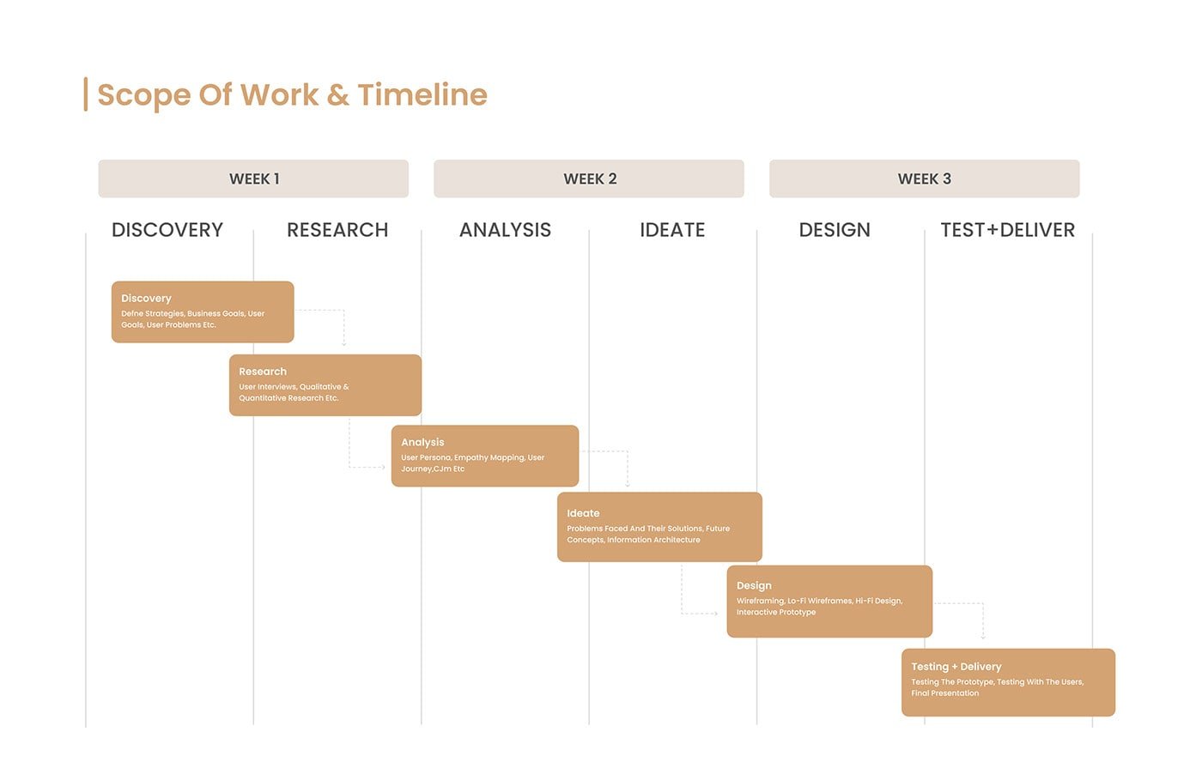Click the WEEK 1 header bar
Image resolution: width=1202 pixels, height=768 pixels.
[253, 178]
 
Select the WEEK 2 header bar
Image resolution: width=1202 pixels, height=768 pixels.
[589, 178]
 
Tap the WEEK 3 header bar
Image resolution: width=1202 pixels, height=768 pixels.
[924, 178]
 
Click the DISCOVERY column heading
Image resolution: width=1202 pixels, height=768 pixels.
[167, 230]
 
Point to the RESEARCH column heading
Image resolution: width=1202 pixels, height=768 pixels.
[337, 230]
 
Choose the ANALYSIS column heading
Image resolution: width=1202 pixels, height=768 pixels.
[505, 230]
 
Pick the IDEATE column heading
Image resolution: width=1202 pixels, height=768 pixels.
[672, 230]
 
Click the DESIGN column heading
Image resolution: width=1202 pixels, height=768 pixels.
[835, 230]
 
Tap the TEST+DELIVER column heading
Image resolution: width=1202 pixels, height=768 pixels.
[1008, 230]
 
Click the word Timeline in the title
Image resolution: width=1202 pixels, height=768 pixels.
[422, 95]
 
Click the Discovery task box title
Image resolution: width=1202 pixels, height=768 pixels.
[146, 299]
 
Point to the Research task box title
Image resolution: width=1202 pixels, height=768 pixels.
[263, 371]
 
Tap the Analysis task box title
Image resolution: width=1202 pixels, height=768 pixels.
[422, 443]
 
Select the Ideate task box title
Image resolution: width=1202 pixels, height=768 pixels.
[583, 513]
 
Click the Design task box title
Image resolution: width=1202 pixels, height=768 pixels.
[754, 585]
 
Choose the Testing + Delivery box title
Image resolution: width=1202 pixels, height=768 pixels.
[956, 667]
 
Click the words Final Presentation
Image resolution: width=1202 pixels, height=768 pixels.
[945, 693]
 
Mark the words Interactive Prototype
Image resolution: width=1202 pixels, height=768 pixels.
[776, 612]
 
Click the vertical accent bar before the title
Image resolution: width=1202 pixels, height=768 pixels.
[86, 94]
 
